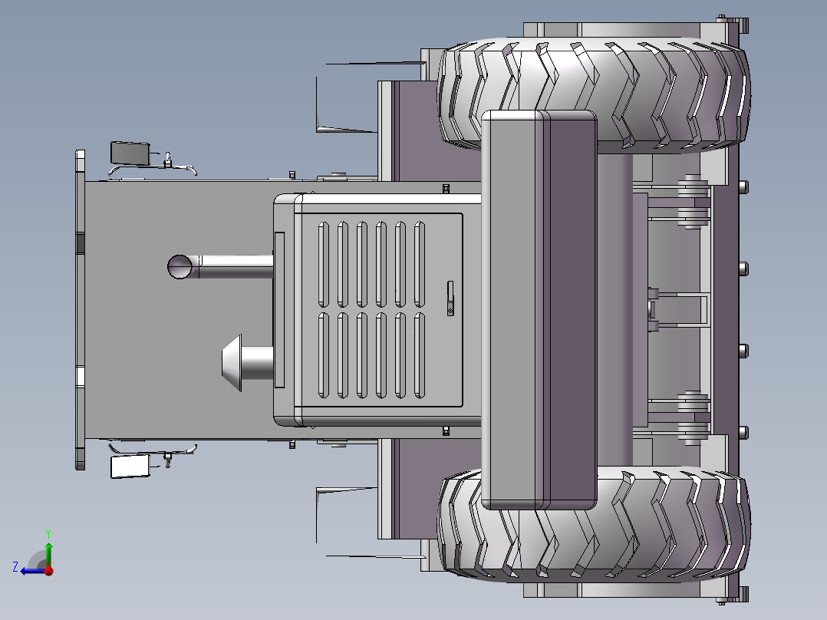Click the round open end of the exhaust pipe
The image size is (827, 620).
[180, 267]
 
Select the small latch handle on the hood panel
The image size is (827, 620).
[450, 298]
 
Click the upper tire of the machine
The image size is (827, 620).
[594, 95]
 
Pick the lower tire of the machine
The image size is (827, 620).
[594, 524]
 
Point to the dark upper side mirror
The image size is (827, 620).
[130, 153]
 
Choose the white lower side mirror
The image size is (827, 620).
[130, 467]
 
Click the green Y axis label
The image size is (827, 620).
[48, 534]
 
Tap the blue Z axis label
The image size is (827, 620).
[15, 567]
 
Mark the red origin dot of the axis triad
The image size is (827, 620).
[48, 570]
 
